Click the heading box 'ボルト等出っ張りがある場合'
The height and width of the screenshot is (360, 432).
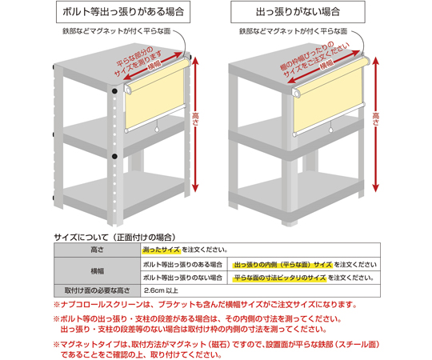point(123,12)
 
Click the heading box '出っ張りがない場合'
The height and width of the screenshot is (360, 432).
point(298,12)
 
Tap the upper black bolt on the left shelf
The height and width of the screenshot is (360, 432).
point(114,91)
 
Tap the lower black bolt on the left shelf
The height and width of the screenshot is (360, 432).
point(114,157)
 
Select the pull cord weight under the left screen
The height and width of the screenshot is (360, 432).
point(158,130)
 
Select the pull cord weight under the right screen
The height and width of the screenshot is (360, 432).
point(331,130)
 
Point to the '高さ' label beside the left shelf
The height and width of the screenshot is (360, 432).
point(195,119)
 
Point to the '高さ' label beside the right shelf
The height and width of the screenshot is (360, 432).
point(376,119)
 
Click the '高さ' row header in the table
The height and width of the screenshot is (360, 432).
point(98,250)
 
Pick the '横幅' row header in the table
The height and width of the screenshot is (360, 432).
point(98,271)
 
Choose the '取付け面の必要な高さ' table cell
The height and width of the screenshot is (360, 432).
point(98,290)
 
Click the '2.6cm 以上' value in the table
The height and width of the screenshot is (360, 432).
point(161,290)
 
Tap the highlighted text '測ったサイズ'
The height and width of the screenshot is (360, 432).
point(161,250)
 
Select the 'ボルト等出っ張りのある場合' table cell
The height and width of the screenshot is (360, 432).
point(183,265)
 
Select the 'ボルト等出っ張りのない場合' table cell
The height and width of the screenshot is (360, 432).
point(183,278)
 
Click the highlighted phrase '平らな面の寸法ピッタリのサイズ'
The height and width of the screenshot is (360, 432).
point(280,278)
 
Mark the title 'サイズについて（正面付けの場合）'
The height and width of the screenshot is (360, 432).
point(115,237)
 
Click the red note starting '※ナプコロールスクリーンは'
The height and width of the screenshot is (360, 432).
point(206,305)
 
